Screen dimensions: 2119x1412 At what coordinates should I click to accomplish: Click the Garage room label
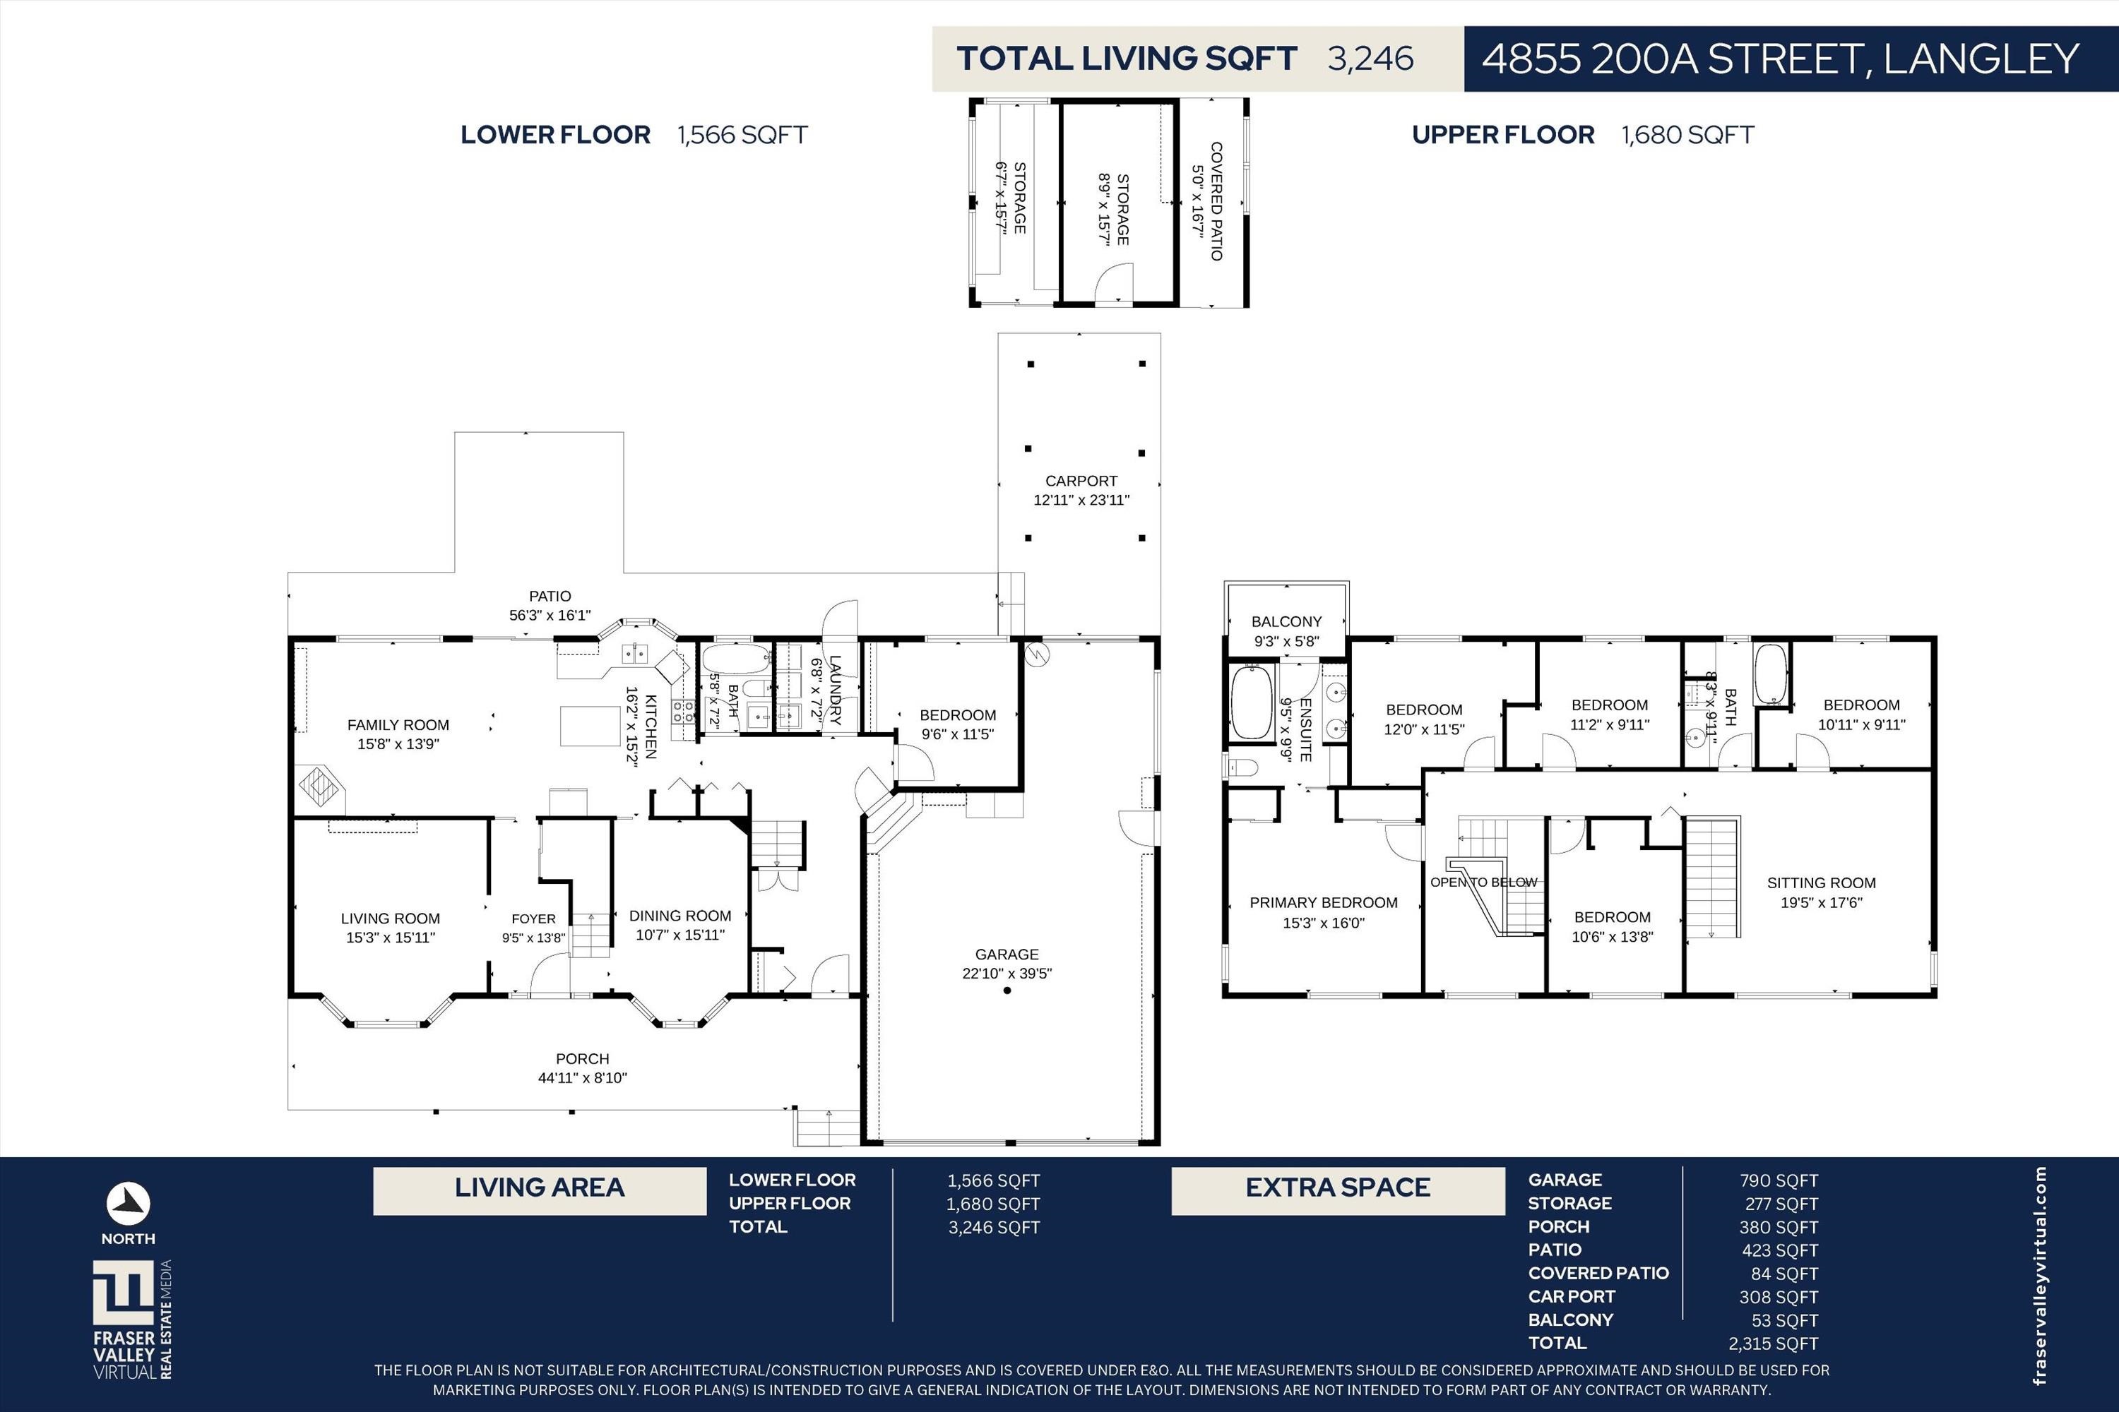[x=1007, y=954]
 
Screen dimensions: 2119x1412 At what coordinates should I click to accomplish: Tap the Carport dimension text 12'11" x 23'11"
[x=1081, y=500]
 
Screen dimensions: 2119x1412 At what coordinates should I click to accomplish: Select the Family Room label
[x=398, y=725]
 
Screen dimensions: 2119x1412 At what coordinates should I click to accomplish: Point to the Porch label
[x=582, y=1059]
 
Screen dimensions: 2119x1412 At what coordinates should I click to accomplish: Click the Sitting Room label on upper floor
[x=1822, y=883]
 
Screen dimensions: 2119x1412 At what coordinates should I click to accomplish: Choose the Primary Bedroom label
[x=1324, y=902]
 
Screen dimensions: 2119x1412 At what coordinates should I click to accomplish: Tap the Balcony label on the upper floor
[x=1286, y=621]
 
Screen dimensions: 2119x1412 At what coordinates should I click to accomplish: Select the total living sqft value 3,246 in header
[x=1370, y=59]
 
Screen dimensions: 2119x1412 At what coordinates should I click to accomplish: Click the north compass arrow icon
[x=129, y=1203]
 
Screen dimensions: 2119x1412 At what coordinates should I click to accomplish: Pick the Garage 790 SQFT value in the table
[x=1779, y=1180]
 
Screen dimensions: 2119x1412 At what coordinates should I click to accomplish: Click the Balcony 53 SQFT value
[x=1786, y=1320]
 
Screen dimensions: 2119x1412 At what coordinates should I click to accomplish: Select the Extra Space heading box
[x=1338, y=1190]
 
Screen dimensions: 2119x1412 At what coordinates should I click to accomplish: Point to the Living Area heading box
[x=540, y=1190]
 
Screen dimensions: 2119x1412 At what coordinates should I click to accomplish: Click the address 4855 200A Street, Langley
[x=1780, y=59]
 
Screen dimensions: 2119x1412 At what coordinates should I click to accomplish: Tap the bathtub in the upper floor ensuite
[x=1252, y=702]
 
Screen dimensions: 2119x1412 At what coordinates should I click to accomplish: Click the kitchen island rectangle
[x=590, y=726]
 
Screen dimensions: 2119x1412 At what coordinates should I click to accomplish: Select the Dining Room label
[x=680, y=916]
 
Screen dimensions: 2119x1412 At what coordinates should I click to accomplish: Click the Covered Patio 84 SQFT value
[x=1786, y=1274]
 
